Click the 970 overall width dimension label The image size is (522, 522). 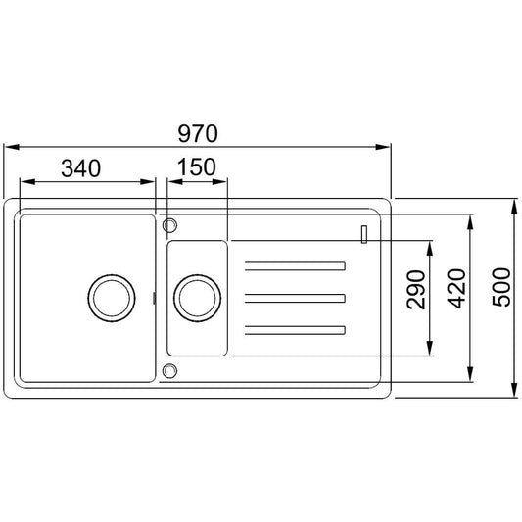tap(198, 133)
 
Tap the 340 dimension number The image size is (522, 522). tap(81, 168)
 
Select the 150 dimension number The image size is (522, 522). tap(197, 166)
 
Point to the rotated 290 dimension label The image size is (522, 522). tap(416, 290)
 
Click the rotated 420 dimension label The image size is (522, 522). tap(456, 288)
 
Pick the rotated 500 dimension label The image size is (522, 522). tap(501, 287)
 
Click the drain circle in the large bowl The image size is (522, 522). tap(112, 299)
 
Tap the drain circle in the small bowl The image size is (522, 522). tap(197, 299)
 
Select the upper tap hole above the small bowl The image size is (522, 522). tap(169, 225)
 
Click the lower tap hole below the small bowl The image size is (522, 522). tap(169, 371)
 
